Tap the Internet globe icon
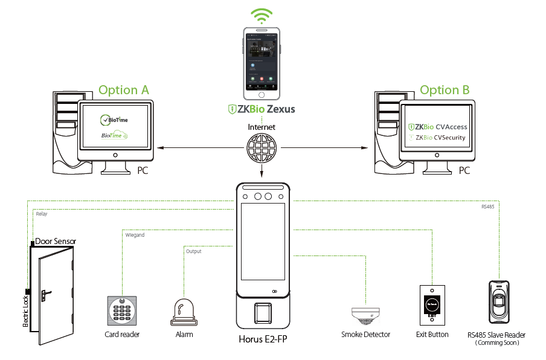point(262,147)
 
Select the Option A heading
point(124,90)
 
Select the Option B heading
point(445,90)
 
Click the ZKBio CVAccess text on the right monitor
point(438,127)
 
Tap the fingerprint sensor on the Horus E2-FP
point(262,313)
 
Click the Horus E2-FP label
point(262,339)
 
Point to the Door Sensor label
point(56,241)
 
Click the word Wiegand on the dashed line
point(135,235)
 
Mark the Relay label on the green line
point(41,214)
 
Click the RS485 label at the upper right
point(488,206)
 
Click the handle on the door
point(46,295)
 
